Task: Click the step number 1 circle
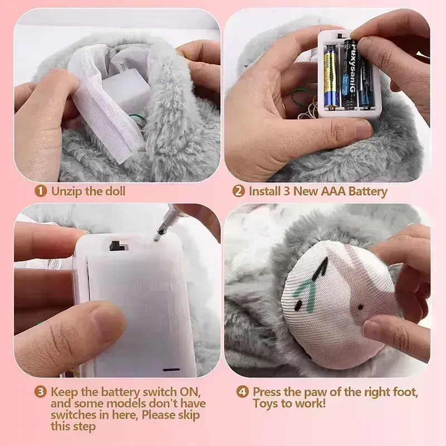[40, 191]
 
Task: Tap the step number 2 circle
[239, 191]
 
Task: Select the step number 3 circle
[40, 392]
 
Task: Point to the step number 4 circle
[243, 392]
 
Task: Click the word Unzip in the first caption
[65, 191]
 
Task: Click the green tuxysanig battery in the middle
[350, 75]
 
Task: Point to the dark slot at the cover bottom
[171, 369]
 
